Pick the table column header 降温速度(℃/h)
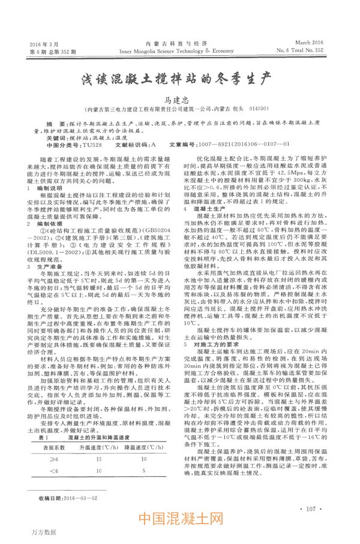143,448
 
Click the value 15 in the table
97,459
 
